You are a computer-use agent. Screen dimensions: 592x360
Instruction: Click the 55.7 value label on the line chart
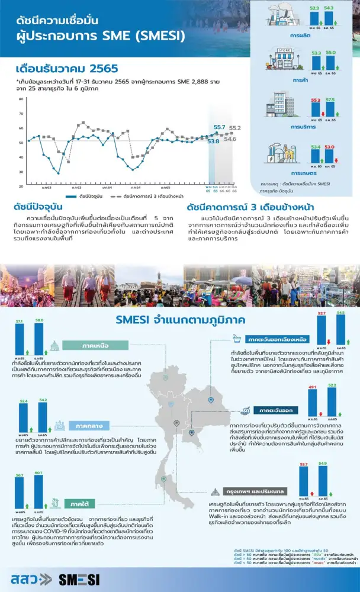click(x=219, y=127)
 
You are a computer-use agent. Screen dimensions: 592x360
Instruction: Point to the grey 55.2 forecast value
click(x=234, y=128)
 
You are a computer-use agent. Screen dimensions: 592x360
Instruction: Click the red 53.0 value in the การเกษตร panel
click(x=330, y=146)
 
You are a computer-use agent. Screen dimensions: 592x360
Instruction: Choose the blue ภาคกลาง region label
click(x=87, y=426)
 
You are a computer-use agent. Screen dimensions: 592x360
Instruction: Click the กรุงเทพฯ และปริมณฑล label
click(x=255, y=491)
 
